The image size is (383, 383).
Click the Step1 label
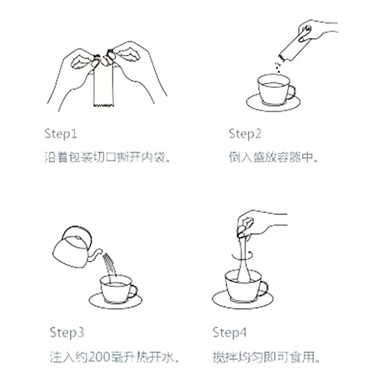click(61, 134)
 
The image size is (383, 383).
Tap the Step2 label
click(245, 134)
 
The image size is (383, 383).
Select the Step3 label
click(67, 333)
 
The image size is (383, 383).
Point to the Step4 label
click(229, 333)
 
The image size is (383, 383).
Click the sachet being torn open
click(103, 86)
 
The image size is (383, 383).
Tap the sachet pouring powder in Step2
click(293, 46)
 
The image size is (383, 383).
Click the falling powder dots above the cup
click(278, 67)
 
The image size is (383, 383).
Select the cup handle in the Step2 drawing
click(291, 92)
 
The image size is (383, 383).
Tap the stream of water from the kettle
click(110, 265)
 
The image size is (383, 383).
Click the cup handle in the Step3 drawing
click(133, 291)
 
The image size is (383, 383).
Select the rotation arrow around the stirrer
click(242, 256)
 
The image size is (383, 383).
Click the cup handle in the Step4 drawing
click(264, 289)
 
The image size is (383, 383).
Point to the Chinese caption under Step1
click(107, 157)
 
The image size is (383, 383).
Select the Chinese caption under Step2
click(274, 157)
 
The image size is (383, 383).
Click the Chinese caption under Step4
click(266, 357)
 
